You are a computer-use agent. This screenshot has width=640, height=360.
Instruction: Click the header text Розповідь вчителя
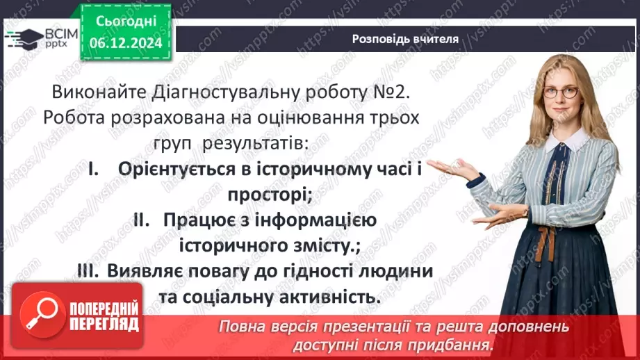pos(405,39)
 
